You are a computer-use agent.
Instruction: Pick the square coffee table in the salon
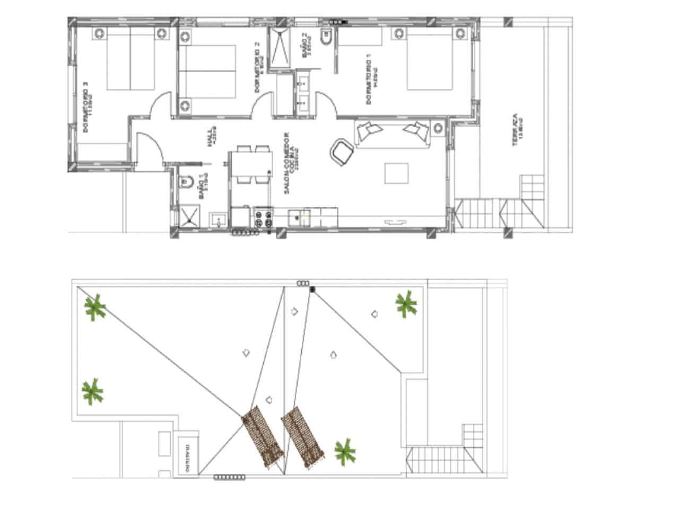397,173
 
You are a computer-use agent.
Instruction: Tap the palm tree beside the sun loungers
345,451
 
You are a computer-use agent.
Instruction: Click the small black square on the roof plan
312,289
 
